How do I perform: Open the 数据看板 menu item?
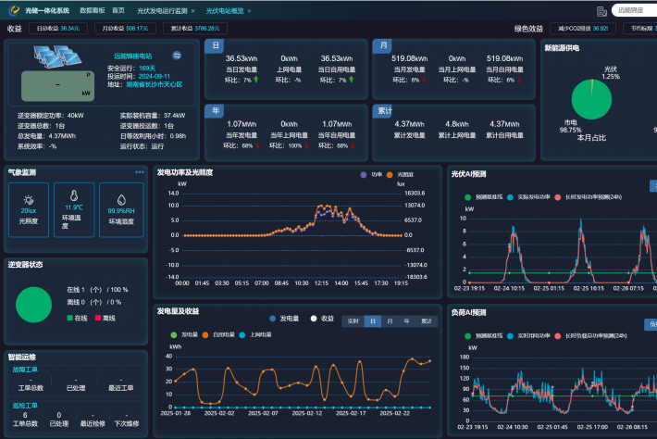(x=93, y=10)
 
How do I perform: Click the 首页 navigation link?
(x=118, y=10)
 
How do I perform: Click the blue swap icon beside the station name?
(x=177, y=56)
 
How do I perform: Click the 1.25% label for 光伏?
(x=610, y=76)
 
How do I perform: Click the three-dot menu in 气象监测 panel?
(x=140, y=172)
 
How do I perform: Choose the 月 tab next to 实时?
(x=390, y=321)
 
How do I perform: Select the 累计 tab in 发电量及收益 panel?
(x=427, y=321)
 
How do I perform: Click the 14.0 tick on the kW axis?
(x=173, y=194)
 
